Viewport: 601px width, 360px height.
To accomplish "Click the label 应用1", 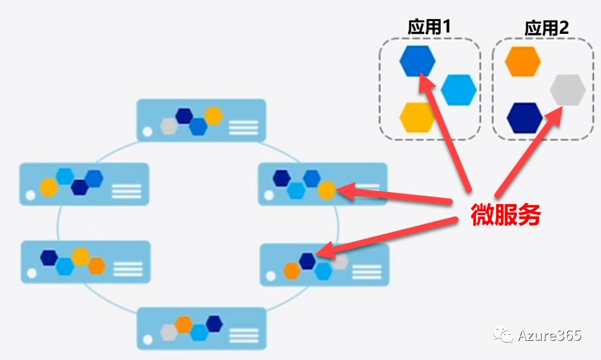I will point(430,26).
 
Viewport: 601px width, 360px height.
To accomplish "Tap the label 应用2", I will point(547,27).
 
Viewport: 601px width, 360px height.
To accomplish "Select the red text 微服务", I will point(506,216).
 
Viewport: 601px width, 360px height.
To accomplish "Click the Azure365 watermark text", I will point(549,334).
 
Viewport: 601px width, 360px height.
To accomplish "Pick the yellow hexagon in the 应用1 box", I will point(417,117).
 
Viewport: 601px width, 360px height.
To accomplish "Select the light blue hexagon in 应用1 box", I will point(459,89).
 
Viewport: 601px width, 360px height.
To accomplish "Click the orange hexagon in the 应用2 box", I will point(522,61).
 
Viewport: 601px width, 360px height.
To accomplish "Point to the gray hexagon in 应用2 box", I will point(568,89).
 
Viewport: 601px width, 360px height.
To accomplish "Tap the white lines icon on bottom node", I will point(243,335).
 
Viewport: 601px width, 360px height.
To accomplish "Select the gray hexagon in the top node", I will point(169,126).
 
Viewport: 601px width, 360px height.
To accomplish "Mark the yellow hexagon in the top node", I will point(213,116).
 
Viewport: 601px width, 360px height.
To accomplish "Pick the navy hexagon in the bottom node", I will point(214,324).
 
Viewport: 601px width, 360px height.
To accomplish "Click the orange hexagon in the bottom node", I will point(184,324).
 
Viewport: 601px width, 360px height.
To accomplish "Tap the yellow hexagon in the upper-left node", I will point(49,187).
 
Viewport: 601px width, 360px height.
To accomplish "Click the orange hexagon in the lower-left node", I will point(96,266).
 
